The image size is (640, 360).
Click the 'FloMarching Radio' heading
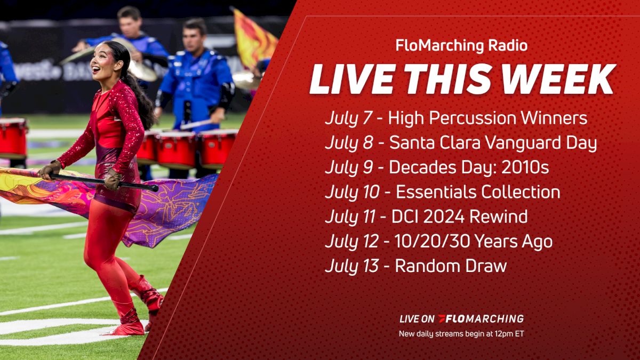461,46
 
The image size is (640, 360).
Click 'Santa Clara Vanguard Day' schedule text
493,143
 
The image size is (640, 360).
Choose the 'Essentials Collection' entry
478,192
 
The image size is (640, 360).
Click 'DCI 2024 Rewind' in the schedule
461,217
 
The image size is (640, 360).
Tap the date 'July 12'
352,241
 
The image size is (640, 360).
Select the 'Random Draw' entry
450,266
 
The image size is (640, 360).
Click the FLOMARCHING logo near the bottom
481,319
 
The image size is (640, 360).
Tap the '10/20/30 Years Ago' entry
474,241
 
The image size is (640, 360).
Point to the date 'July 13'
352,266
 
